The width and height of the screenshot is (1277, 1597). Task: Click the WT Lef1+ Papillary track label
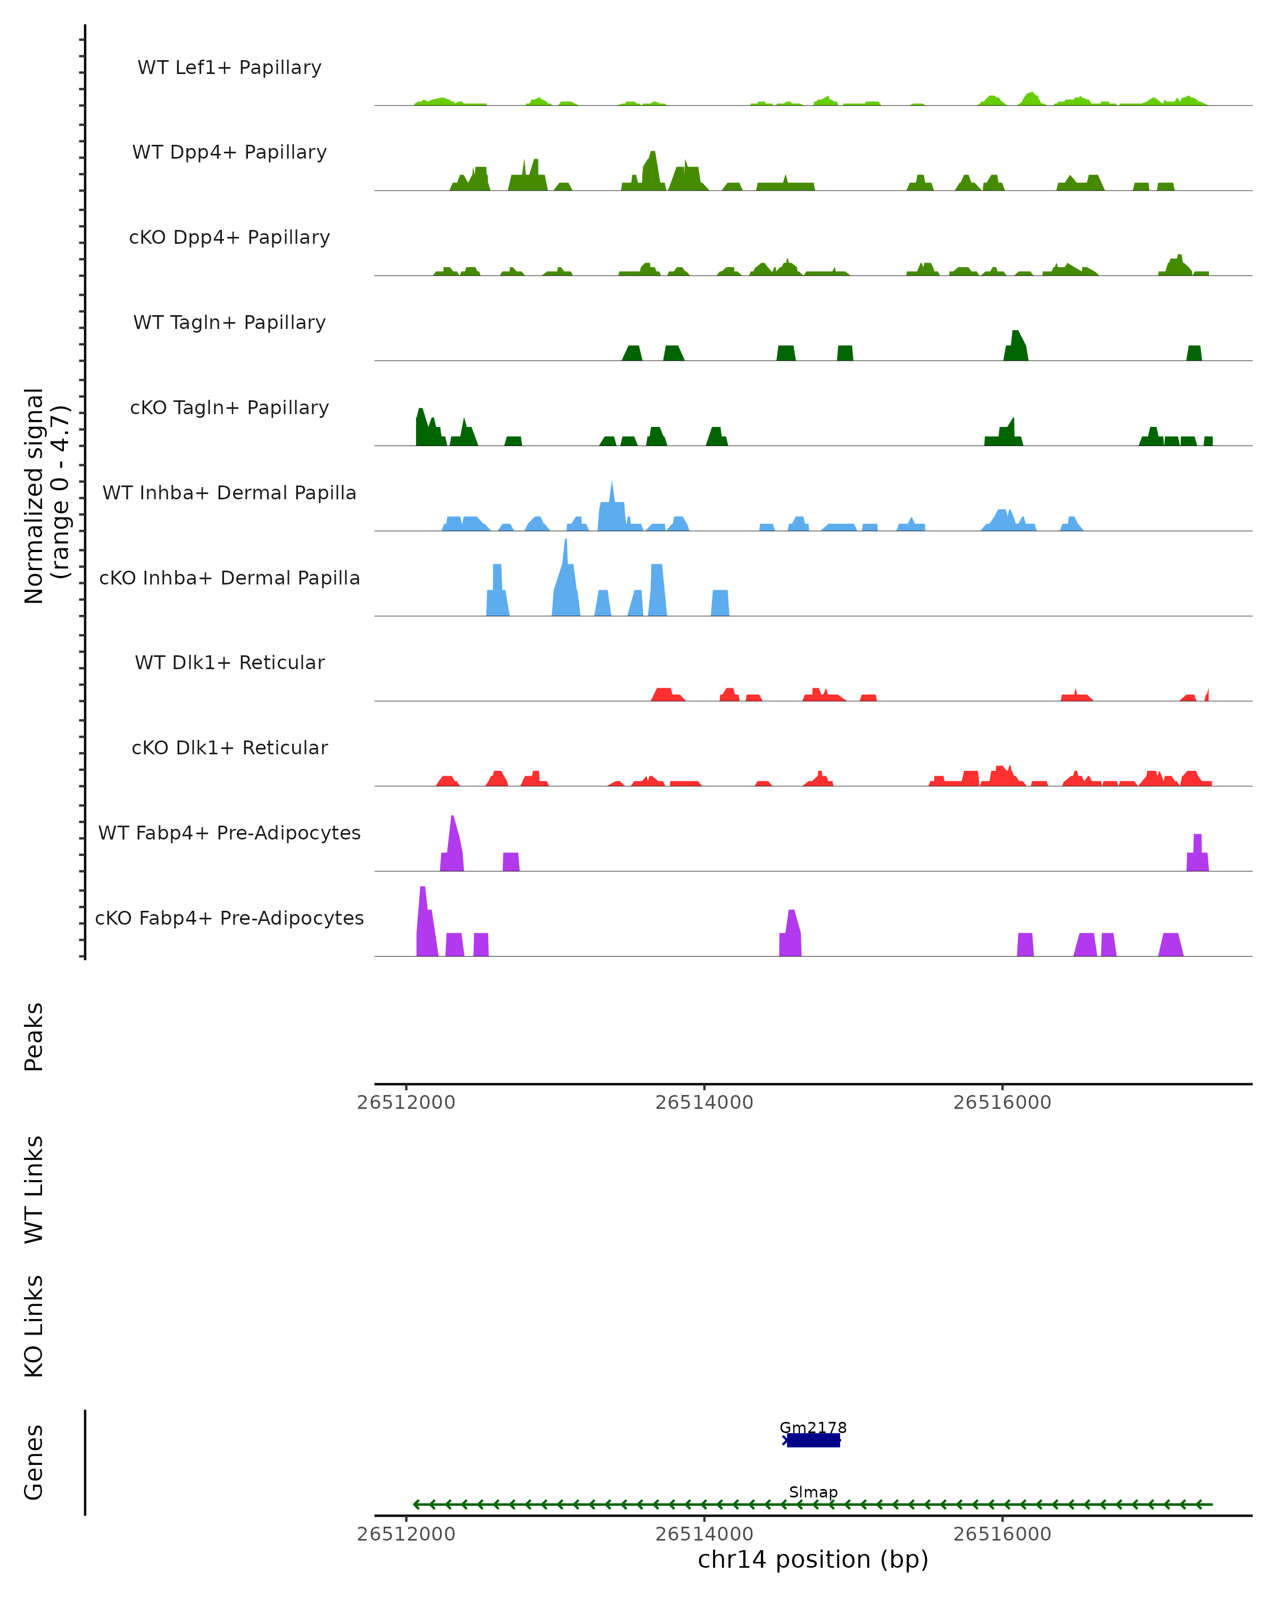[229, 68]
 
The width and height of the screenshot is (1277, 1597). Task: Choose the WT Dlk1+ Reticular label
[229, 662]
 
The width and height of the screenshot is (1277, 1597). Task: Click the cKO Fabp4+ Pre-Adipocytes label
[229, 918]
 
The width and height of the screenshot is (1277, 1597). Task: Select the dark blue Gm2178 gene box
[813, 1440]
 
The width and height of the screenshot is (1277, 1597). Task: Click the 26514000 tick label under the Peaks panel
[704, 1102]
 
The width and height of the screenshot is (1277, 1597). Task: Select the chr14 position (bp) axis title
[813, 1560]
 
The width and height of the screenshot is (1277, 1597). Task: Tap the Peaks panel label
[34, 1036]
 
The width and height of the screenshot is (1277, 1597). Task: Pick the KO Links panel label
[34, 1326]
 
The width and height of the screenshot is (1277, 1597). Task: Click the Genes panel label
[34, 1462]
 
